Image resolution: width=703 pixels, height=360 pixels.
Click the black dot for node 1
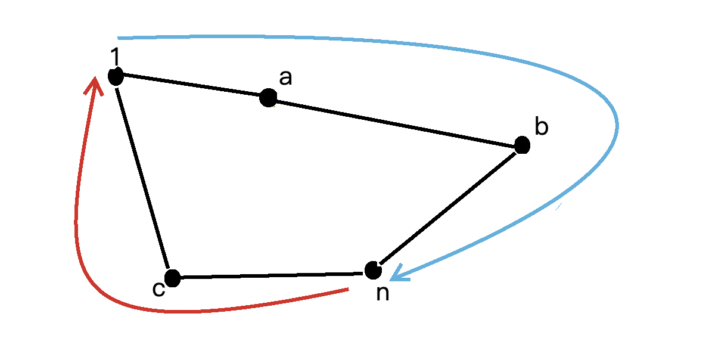pos(116,76)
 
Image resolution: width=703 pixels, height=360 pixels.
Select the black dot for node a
pos(268,98)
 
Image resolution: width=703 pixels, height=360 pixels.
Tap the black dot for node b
pos(522,145)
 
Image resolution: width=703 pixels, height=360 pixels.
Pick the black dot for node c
pos(172,278)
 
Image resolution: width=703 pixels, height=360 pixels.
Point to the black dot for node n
pos(373,270)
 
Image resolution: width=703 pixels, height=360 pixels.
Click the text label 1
pos(115,57)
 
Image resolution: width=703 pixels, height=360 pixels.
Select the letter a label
pos(286,77)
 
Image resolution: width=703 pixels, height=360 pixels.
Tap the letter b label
pos(541,126)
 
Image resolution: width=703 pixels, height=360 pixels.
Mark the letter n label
pos(383,293)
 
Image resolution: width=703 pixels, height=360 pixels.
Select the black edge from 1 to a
pos(191,86)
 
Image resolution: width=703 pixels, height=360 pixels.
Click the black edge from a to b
pos(393,121)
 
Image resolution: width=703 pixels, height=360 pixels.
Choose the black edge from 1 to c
pos(143,176)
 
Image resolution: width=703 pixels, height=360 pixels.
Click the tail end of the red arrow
pos(347,290)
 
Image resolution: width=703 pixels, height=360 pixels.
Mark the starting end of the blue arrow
pos(119,38)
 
